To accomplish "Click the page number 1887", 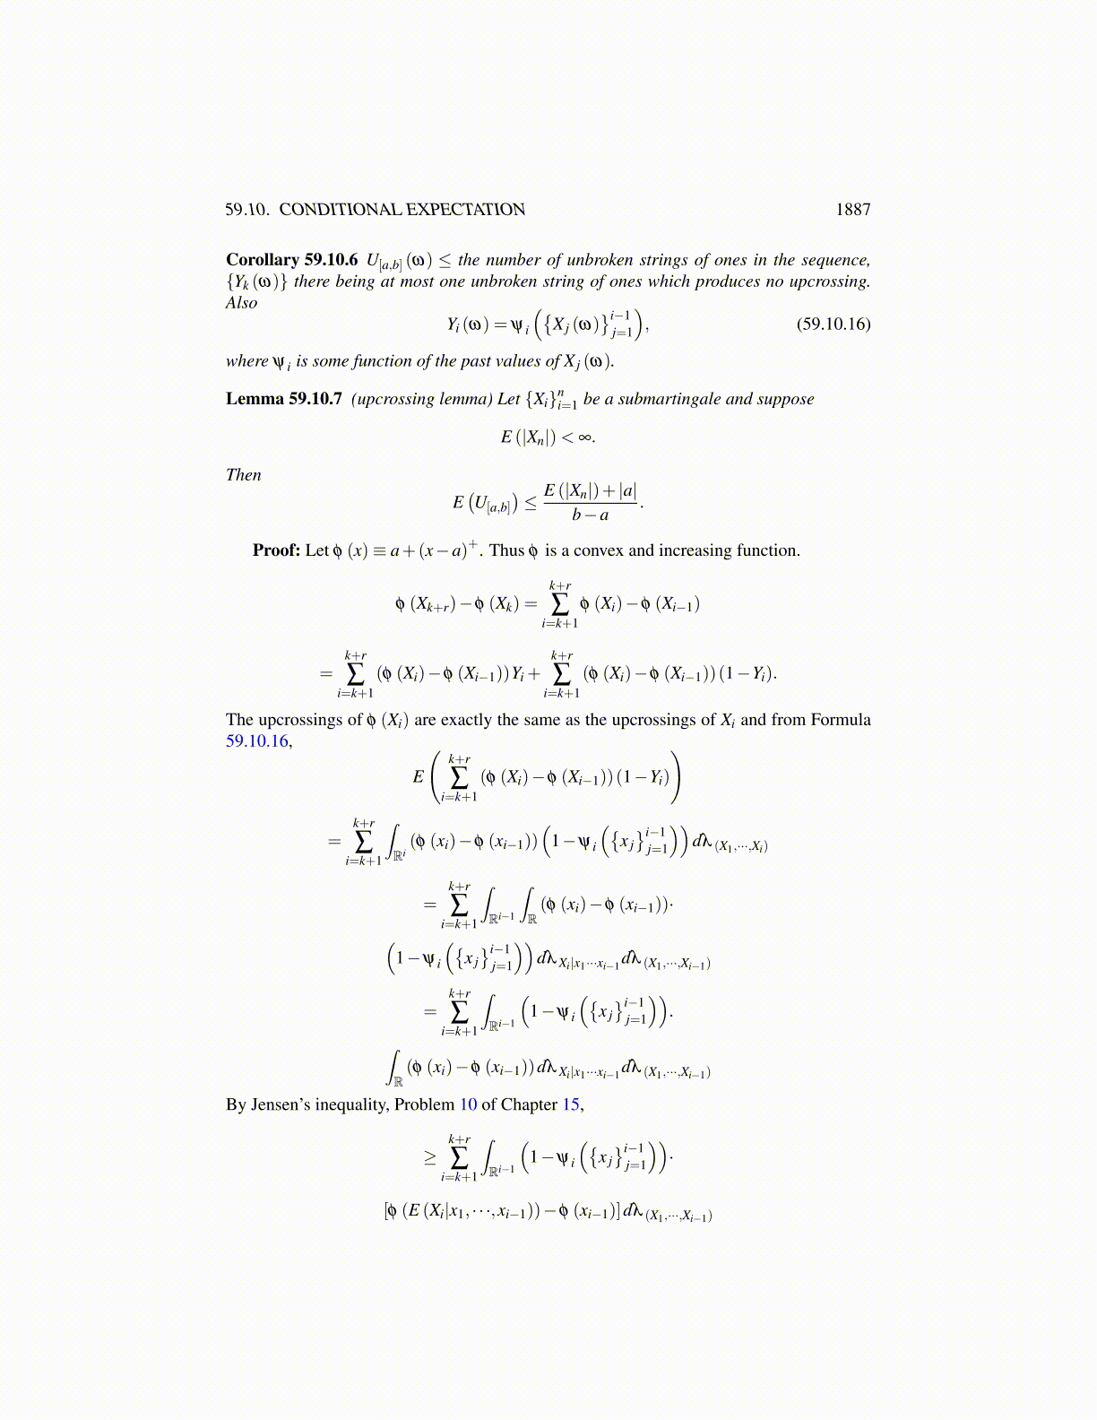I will pyautogui.click(x=852, y=210).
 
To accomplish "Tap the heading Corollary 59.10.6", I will pyautogui.click(x=291, y=260).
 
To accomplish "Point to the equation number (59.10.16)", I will pyautogui.click(x=833, y=324).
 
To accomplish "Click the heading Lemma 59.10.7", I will pyautogui.click(x=283, y=399).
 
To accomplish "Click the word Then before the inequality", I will pyautogui.click(x=243, y=475).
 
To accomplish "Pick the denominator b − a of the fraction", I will pyautogui.click(x=591, y=515).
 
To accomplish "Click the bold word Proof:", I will pyautogui.click(x=276, y=550).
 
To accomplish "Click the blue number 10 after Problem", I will pyautogui.click(x=468, y=1104).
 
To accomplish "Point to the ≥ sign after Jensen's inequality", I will pyautogui.click(x=430, y=1157).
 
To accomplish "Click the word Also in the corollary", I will pyautogui.click(x=241, y=303).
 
